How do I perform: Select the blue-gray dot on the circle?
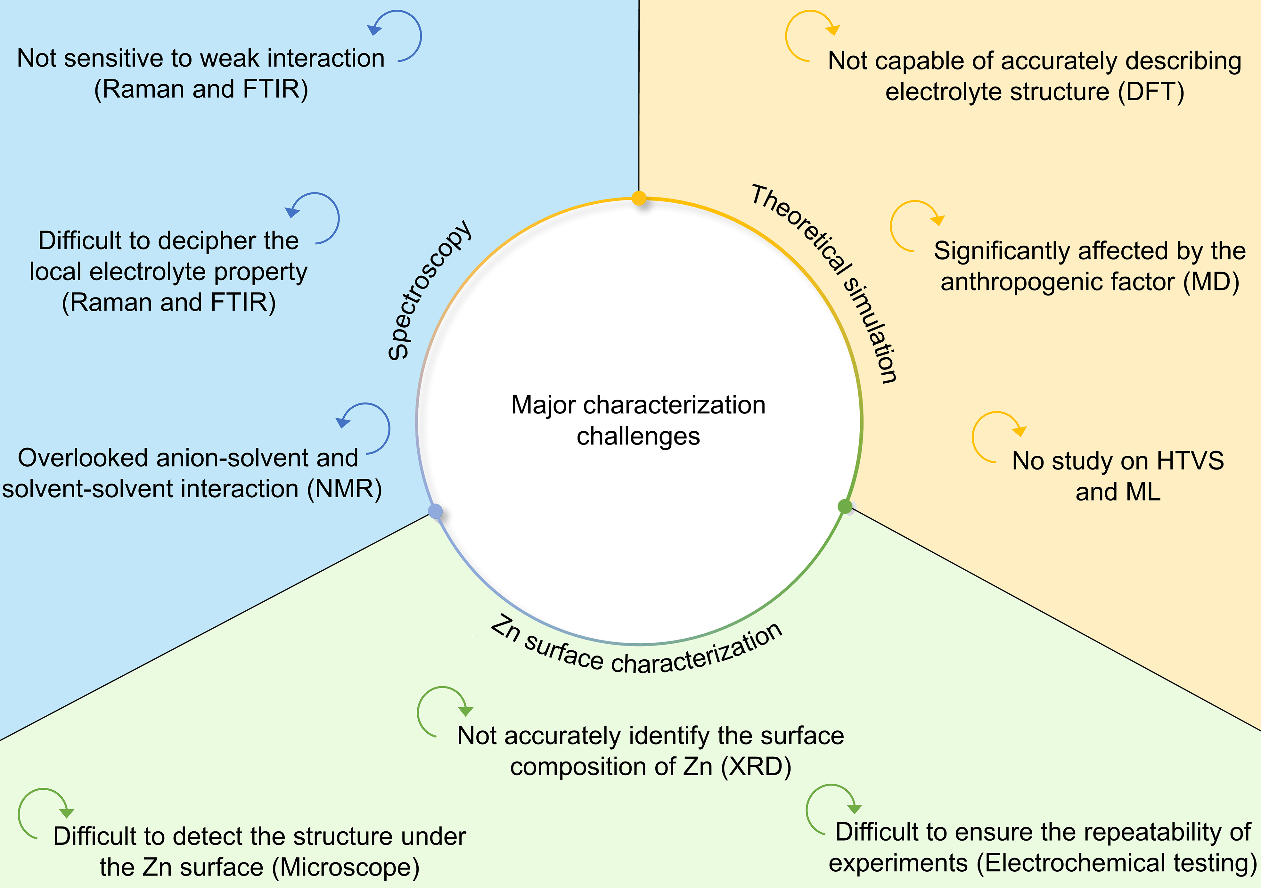point(435,511)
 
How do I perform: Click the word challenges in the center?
point(638,436)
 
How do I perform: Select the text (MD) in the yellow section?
point(1211,282)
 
